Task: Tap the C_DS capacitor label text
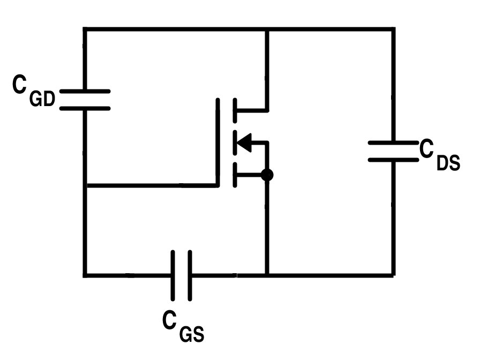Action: (x=439, y=156)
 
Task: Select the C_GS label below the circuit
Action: (x=183, y=327)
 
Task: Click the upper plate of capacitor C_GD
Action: (x=85, y=92)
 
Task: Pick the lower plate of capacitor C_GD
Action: (x=85, y=108)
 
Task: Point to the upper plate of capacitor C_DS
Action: (x=393, y=143)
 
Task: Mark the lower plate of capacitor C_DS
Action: (x=393, y=160)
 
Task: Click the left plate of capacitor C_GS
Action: (x=172, y=275)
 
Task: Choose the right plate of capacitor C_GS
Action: (x=189, y=275)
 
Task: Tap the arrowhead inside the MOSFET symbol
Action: (x=244, y=143)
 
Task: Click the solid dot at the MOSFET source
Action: (x=267, y=175)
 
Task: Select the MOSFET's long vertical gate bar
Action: (x=217, y=142)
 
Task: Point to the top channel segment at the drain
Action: (x=235, y=110)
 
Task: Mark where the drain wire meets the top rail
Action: (x=267, y=29)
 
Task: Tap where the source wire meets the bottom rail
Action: (x=267, y=275)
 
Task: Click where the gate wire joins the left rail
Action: (x=85, y=185)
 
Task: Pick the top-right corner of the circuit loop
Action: (x=393, y=29)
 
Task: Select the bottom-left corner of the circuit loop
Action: (x=85, y=275)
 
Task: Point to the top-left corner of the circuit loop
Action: (x=85, y=29)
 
